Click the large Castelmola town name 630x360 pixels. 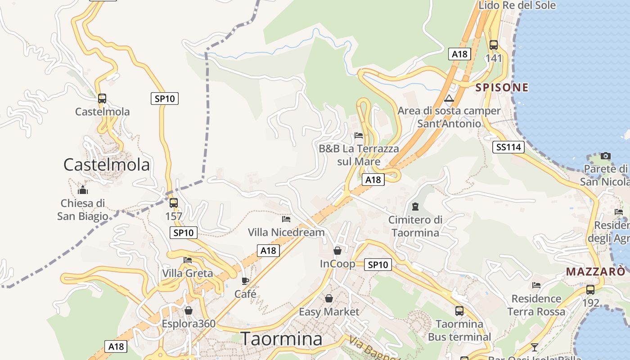107,165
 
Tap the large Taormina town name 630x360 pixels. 282,339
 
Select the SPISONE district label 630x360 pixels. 502,87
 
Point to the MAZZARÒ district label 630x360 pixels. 595,272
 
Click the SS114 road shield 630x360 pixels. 508,147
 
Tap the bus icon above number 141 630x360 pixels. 494,45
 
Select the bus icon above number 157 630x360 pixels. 174,203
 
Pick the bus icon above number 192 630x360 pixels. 590,290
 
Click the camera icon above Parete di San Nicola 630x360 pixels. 606,156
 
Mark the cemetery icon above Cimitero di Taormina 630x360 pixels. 415,207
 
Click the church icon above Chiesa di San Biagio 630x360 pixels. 83,190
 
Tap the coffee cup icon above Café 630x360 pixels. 245,281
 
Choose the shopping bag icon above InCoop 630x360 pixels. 337,251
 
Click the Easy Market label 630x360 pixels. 329,312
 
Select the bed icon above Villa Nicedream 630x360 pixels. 286,219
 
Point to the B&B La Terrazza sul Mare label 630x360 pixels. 359,155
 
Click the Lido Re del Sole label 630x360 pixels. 517,5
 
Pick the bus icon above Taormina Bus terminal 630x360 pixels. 459,310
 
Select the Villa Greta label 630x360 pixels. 188,273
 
